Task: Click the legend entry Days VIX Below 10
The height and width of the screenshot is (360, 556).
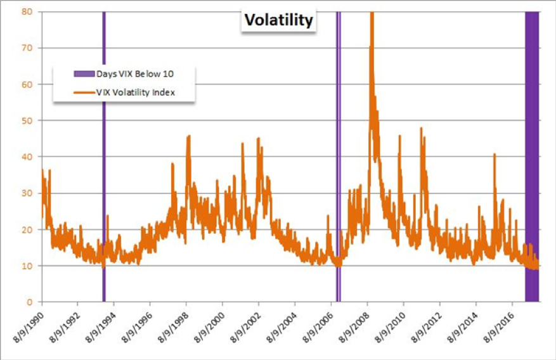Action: [135, 74]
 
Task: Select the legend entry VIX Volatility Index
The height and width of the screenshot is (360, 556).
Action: [136, 93]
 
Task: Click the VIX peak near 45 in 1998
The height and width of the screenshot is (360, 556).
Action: [188, 136]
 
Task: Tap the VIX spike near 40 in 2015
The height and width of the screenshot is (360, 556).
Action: [494, 155]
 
